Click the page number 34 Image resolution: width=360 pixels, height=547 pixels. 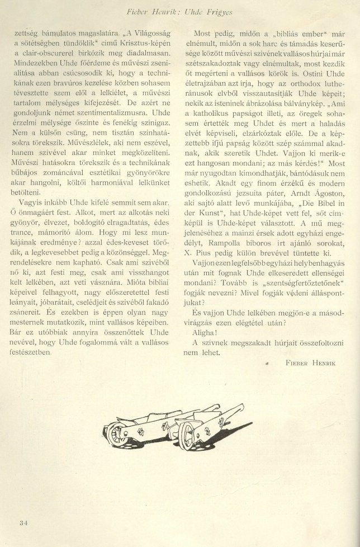click(x=23, y=523)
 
